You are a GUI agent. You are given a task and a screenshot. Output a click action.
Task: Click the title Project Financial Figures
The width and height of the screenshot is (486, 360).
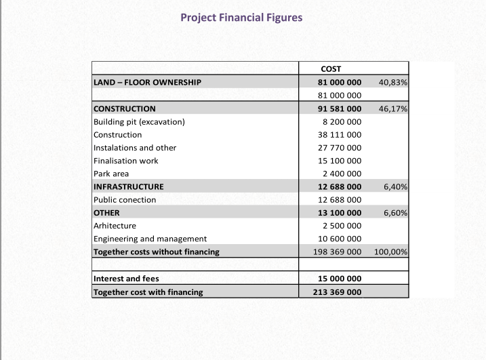(241, 17)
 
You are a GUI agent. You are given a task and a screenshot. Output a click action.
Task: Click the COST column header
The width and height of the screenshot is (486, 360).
(331, 68)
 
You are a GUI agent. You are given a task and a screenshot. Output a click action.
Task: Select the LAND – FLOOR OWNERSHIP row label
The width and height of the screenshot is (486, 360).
(147, 82)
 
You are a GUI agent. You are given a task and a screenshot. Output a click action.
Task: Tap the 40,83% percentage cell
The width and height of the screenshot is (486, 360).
(393, 82)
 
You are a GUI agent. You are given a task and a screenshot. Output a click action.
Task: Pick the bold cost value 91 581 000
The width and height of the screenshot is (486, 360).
(340, 108)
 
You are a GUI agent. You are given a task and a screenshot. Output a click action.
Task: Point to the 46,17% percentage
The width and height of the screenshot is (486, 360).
(393, 108)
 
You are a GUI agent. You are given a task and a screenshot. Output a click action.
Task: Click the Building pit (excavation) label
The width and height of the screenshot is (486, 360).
(139, 121)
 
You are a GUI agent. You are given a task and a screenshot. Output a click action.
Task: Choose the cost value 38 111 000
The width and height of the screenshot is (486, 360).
(340, 134)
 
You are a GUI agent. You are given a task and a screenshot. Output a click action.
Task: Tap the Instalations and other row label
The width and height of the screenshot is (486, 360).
(135, 148)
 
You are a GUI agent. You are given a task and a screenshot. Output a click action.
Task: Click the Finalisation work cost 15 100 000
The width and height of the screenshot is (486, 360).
(340, 161)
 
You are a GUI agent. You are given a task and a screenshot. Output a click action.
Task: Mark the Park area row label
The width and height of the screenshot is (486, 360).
(111, 174)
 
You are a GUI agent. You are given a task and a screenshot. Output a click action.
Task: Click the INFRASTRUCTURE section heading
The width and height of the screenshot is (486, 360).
(129, 186)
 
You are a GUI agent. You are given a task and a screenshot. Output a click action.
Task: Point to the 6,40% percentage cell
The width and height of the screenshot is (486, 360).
(395, 186)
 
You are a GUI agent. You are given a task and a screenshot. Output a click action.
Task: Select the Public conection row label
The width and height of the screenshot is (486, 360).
(125, 200)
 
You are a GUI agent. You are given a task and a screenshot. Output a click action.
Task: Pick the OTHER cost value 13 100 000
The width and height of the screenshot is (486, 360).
(340, 213)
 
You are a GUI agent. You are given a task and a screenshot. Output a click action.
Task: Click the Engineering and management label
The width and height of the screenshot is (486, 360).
(150, 239)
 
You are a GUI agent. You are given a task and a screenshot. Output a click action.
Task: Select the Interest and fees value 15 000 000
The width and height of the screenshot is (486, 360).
(340, 279)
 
